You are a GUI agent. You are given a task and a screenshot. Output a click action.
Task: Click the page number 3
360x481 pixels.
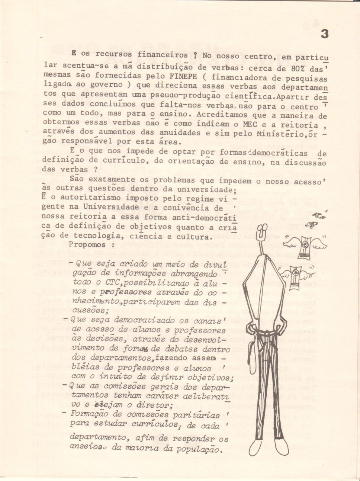(324, 34)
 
